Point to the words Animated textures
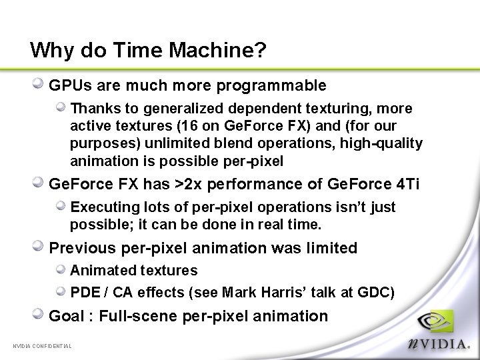pos(134,271)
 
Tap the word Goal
pos(66,316)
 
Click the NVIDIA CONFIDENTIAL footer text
pos(42,345)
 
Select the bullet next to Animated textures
pos(61,269)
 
